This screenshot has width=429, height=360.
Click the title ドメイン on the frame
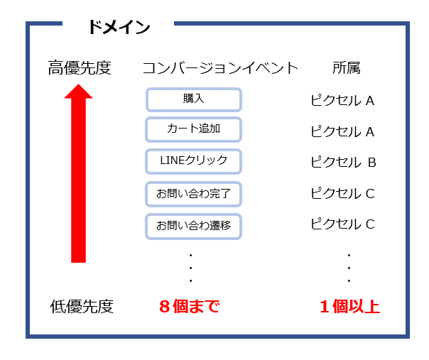pos(119,27)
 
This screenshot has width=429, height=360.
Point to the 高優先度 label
pos(80,68)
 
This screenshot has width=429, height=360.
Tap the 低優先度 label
pos(82,306)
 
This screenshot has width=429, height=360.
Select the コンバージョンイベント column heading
pos(220,68)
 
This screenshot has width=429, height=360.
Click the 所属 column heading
pos(347,67)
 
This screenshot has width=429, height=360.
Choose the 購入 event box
pos(194,99)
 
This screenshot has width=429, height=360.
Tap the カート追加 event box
pos(194,129)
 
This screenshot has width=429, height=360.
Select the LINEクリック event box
pos(194,161)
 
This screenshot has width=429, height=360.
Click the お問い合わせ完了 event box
pos(194,194)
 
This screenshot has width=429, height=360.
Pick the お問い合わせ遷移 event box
pos(194,227)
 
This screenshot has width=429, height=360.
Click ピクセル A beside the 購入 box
pos(342,100)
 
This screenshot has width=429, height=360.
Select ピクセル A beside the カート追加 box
pos(342,131)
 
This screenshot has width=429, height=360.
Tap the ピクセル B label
pos(344,162)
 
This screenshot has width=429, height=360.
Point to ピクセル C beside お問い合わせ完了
pos(343,193)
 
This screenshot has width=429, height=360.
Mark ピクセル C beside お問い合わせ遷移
pos(343,224)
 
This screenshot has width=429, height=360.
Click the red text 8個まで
pos(190,306)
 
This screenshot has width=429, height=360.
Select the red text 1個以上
pos(350,306)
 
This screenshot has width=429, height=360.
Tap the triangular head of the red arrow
pos(79,92)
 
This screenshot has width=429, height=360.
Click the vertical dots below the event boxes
pos(190,268)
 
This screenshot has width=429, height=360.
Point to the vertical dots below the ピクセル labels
pos(349,268)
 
